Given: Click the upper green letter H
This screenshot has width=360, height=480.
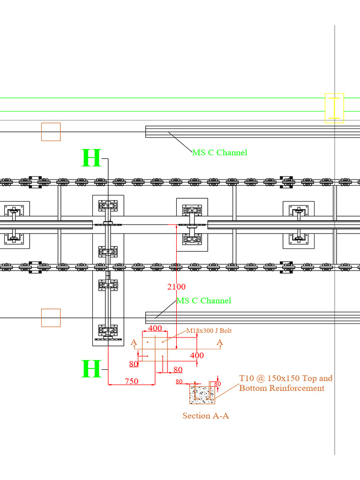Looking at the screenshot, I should [91, 158].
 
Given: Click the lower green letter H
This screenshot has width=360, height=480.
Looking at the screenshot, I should [91, 369].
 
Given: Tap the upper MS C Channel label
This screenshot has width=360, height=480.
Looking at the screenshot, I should [219, 152].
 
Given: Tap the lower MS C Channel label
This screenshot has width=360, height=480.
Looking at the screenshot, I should [203, 300].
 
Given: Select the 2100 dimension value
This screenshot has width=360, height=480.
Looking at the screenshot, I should [176, 286].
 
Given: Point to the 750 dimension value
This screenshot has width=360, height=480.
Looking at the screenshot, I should [132, 381].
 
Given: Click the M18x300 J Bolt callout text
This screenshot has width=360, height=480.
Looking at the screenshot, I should [209, 330].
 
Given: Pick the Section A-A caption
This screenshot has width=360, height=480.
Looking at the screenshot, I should [205, 416].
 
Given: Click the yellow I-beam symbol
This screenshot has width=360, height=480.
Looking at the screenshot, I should [334, 108].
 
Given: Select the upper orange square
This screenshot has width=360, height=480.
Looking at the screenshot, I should [51, 132].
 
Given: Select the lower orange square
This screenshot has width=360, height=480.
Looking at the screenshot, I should [51, 317].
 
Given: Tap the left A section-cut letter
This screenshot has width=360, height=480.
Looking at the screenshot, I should [134, 343].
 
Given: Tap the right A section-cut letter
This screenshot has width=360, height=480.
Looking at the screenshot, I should [220, 343].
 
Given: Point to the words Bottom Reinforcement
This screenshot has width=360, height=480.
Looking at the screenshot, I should [282, 388].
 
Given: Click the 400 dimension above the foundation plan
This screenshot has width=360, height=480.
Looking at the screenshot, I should [155, 328].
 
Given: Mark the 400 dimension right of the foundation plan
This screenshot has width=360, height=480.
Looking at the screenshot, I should [197, 355].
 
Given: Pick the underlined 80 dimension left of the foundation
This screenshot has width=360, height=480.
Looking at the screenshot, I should [134, 364].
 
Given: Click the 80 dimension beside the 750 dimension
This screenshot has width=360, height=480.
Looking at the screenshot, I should [178, 370].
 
